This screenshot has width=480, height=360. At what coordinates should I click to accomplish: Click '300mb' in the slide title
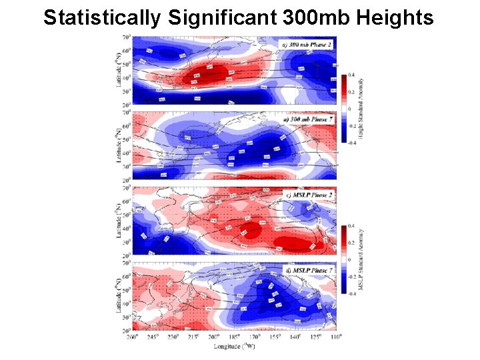tap(305, 18)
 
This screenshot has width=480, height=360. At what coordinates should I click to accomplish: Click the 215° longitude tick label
tap(194, 337)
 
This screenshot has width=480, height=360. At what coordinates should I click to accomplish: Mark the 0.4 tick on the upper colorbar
tap(351, 75)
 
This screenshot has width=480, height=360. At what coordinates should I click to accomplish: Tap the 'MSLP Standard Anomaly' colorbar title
tap(361, 260)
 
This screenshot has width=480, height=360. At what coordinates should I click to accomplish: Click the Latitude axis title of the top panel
tap(119, 70)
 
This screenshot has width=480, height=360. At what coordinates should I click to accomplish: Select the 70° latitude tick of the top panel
tap(126, 37)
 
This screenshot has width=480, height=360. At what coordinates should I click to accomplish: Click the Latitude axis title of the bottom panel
tap(119, 297)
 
